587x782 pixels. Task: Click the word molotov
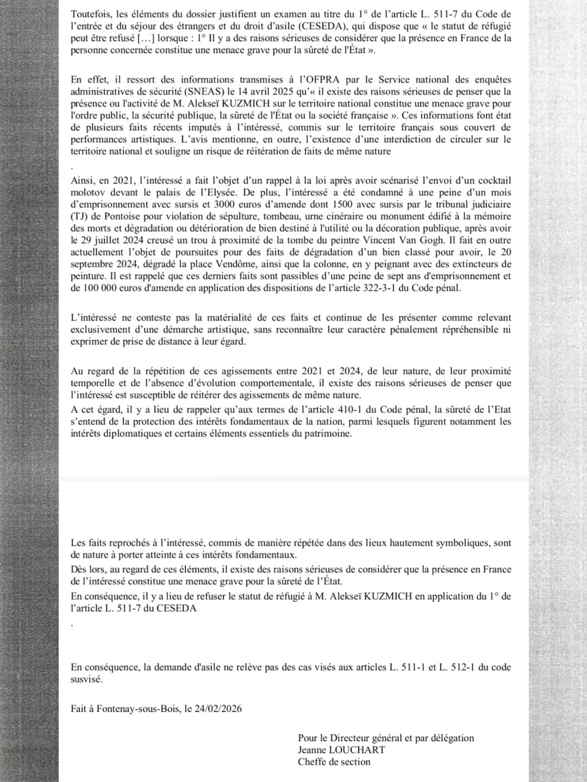tap(89, 192)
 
